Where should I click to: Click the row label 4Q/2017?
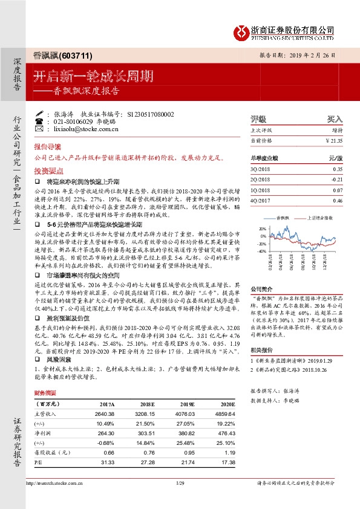click(260, 200)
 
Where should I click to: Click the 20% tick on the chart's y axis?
click(263, 229)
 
